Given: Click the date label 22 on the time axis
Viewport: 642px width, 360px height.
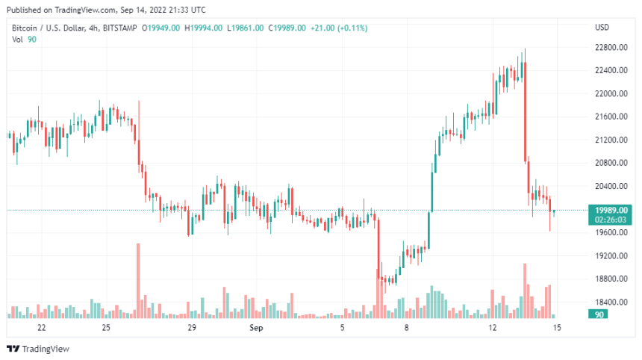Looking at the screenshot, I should click(x=41, y=328).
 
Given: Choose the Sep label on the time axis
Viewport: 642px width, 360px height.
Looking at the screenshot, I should click(x=256, y=328).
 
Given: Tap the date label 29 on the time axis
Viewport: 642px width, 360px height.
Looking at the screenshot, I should click(x=192, y=328).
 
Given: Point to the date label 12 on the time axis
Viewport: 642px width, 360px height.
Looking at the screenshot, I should click(x=493, y=328).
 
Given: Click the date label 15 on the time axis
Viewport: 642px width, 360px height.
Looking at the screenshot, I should click(x=557, y=328).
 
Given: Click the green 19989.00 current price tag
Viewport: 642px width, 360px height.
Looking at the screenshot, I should click(x=611, y=210).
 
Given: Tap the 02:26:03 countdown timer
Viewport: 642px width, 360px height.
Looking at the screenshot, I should click(x=611, y=220).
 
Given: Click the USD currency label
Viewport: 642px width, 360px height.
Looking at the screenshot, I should click(x=602, y=28).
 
